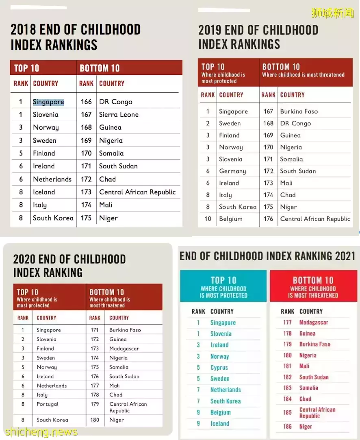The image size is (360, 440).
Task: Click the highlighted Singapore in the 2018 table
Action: (48, 102)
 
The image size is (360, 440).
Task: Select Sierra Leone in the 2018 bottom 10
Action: (119, 115)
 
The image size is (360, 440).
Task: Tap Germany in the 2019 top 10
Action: (232, 171)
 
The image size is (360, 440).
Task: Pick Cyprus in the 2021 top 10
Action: (219, 367)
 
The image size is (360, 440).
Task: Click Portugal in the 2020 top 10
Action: (48, 404)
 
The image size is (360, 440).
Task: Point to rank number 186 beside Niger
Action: (288, 427)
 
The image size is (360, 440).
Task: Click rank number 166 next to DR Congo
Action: (86, 102)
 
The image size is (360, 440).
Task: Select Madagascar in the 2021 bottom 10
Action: (314, 322)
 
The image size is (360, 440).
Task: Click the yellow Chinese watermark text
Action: (332, 13)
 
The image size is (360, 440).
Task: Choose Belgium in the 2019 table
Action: (231, 219)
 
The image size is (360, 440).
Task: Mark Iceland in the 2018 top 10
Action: (44, 192)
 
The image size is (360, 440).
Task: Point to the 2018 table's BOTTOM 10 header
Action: (100, 68)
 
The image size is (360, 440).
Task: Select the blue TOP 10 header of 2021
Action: (223, 280)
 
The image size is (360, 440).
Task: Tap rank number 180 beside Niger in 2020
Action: (95, 420)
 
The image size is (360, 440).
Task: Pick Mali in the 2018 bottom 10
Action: (106, 205)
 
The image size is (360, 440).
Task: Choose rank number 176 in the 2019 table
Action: (268, 219)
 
